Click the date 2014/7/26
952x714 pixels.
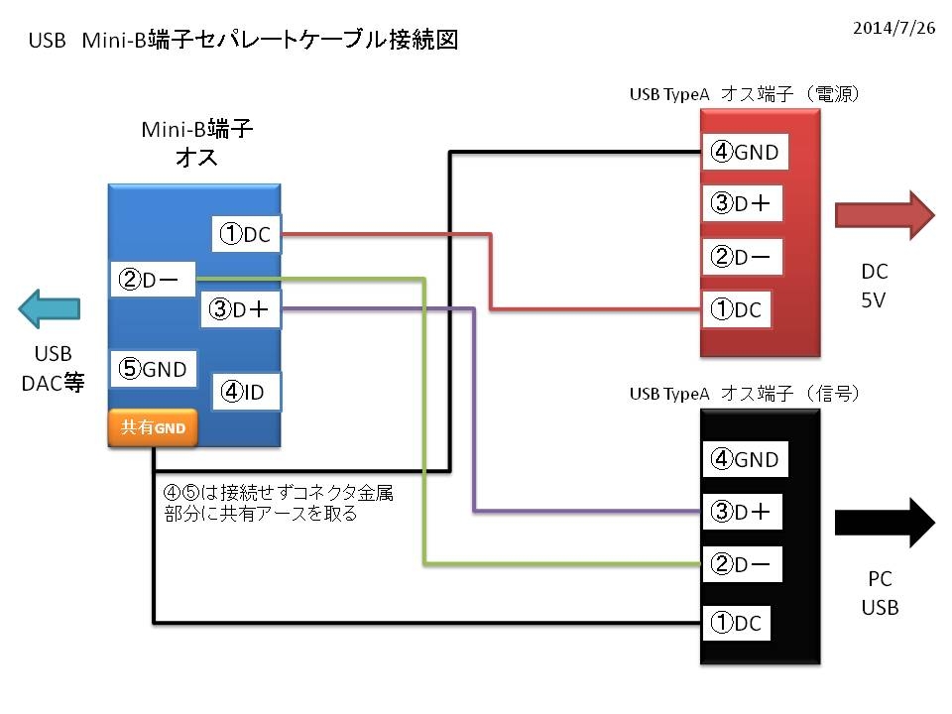893,28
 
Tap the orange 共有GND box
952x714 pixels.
153,427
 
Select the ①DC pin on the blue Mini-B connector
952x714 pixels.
246,234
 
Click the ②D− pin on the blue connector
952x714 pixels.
153,280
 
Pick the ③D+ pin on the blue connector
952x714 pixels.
240,309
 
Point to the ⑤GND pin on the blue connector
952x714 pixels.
153,369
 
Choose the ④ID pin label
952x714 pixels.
246,392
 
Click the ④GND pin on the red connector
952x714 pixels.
745,152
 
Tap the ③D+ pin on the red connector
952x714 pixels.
742,202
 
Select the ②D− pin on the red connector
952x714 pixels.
742,257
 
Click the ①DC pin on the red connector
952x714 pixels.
737,309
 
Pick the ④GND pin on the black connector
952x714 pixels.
745,459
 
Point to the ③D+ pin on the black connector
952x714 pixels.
742,512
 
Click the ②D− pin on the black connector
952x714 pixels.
742,564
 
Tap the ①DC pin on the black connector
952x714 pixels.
737,623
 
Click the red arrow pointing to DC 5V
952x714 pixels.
885,215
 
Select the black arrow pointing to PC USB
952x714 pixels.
885,523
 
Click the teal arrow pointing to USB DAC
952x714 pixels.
50,308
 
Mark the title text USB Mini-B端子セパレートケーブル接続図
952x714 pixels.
243,40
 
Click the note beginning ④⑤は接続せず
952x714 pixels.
278,503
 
